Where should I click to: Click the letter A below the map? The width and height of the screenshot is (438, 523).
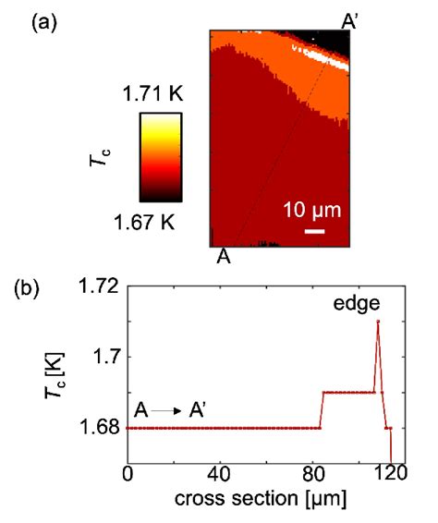click(224, 257)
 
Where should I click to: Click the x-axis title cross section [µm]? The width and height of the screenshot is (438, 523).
click(261, 502)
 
